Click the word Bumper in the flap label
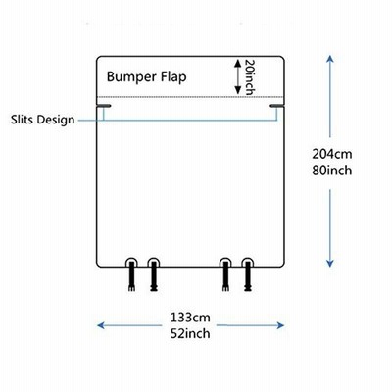click(132, 77)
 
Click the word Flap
click(173, 77)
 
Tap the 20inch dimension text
click(250, 77)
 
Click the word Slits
click(23, 120)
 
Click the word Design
click(56, 120)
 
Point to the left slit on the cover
click(104, 106)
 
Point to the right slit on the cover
click(277, 106)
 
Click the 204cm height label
click(332, 154)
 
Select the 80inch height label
click(332, 171)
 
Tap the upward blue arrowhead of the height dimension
click(330, 59)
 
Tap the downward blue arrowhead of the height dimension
click(330, 263)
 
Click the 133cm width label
click(190, 318)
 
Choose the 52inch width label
click(190, 333)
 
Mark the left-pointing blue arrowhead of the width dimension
click(101, 325)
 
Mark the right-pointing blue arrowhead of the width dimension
click(280, 325)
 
